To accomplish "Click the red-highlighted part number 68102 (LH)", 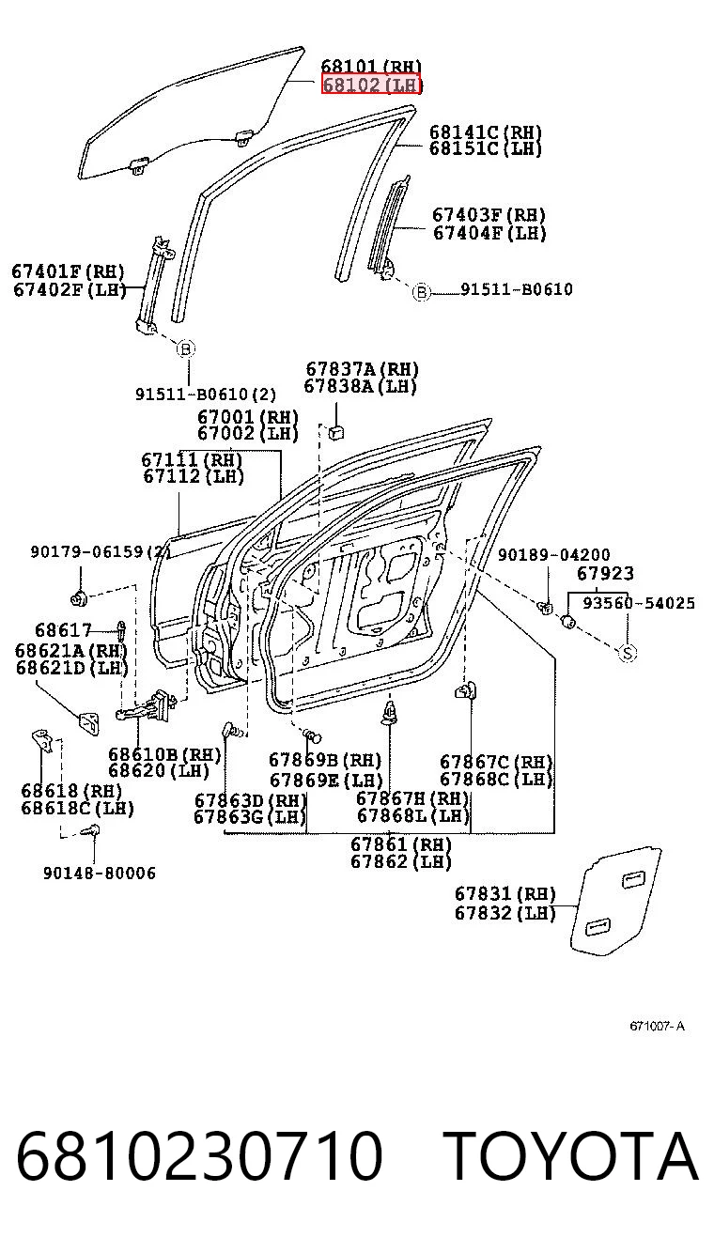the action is (370, 85).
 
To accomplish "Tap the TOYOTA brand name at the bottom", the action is (571, 1155).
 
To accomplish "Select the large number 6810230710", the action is (199, 1155).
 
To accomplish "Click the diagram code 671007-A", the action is (657, 1026).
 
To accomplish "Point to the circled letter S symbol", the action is (628, 653).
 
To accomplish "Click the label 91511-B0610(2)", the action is (206, 394).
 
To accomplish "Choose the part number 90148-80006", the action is (100, 873).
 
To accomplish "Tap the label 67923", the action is (605, 573).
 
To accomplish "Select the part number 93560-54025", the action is (639, 602).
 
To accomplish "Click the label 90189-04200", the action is (554, 554).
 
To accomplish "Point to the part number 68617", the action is (63, 630).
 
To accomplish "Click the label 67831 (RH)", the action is (504, 893).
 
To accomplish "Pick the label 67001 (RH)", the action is (248, 417).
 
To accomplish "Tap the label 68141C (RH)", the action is (486, 132).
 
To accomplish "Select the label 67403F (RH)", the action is (489, 215).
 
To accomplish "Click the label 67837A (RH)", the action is (362, 369).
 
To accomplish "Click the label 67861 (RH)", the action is (401, 844).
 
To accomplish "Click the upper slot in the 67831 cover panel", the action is (633, 879).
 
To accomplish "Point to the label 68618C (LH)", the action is (78, 809).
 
